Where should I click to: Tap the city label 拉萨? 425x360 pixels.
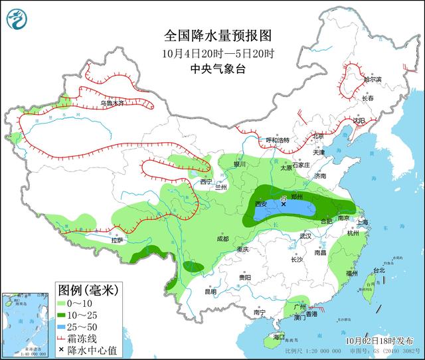tap(118, 241)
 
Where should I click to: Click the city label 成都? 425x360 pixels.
tap(222, 238)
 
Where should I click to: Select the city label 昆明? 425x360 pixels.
tap(211, 292)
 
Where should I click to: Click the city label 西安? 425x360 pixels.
tap(260, 204)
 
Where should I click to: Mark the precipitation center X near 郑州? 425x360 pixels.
tap(284, 205)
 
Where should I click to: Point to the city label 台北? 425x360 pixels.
tap(379, 271)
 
